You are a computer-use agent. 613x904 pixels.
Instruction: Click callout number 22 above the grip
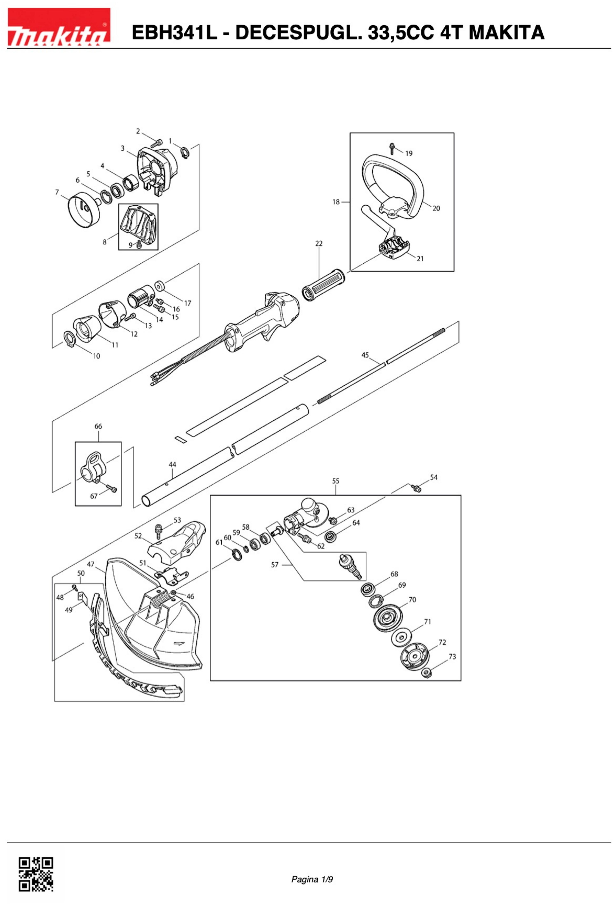coord(319,243)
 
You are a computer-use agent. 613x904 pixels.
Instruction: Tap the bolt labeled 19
coord(392,148)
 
